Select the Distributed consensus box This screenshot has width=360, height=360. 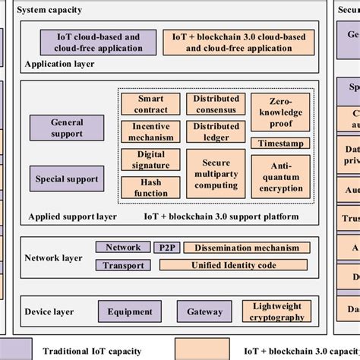[x=216, y=104]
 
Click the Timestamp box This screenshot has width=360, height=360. [x=279, y=143]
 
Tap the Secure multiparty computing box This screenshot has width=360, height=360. [x=216, y=174]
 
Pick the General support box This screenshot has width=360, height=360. [x=67, y=128]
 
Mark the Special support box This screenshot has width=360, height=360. [x=67, y=180]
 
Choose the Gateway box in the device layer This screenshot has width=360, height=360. [x=204, y=311]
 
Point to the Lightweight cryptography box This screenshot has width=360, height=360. [x=276, y=311]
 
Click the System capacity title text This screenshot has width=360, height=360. [x=51, y=10]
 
